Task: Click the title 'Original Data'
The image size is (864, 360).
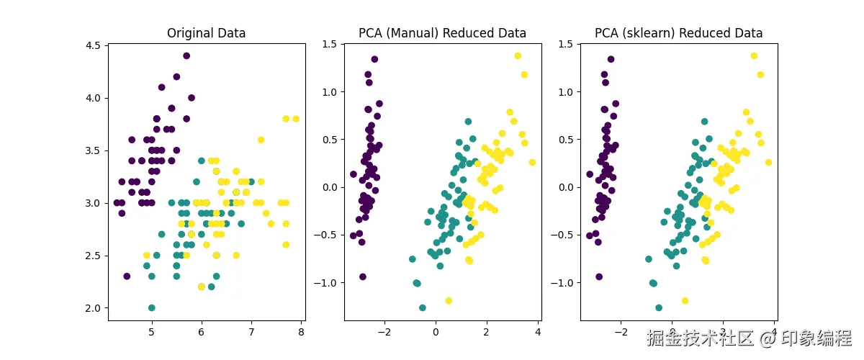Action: pos(206,33)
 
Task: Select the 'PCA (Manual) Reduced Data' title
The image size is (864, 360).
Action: pos(442,33)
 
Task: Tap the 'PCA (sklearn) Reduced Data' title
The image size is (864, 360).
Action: pos(678,33)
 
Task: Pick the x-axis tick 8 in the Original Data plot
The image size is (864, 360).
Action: pos(301,333)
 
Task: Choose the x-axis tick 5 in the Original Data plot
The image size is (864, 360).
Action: pos(151,333)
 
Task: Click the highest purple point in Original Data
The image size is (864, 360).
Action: pos(186,55)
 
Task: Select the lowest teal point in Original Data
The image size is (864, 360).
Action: pos(151,307)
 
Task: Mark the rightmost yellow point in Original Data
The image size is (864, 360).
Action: pos(296,119)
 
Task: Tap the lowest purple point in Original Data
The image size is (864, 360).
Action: pos(127,276)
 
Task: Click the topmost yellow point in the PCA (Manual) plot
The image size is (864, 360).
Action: pos(517,55)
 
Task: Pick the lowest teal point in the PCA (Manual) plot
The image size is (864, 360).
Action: pos(423,307)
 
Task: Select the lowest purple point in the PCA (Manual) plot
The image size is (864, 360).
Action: pos(363,276)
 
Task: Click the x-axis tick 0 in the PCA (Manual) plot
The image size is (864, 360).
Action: pos(435,333)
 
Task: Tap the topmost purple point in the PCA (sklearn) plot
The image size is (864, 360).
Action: pos(611,59)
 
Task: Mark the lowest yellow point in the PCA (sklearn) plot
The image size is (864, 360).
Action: pos(685,300)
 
